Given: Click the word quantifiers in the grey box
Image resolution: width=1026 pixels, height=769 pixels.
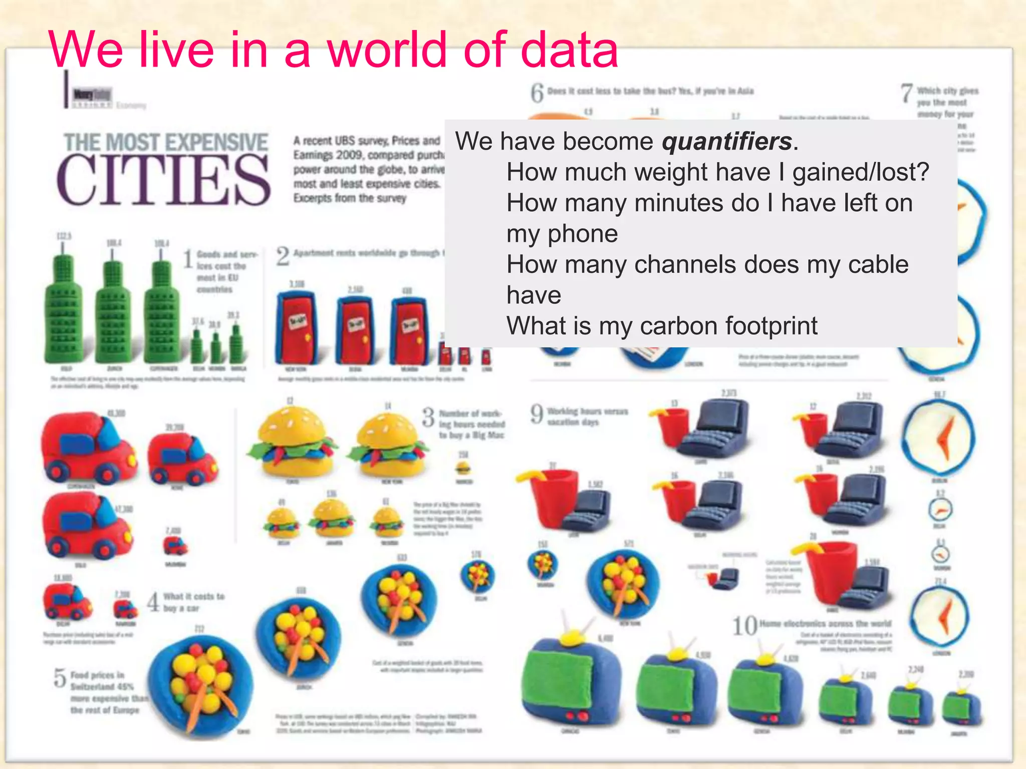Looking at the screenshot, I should [726, 142].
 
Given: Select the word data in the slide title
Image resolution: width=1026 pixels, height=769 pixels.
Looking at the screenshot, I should [569, 50].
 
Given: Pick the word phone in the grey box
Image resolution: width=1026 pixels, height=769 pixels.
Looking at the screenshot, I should [583, 234].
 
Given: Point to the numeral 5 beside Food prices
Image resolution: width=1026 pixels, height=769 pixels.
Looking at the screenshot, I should [60, 678].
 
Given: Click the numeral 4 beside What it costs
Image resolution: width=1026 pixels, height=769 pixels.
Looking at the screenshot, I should [153, 601].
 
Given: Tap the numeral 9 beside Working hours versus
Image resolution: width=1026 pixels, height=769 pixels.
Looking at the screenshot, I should [537, 414].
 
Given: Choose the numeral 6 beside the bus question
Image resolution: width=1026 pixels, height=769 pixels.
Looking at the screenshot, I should [537, 93].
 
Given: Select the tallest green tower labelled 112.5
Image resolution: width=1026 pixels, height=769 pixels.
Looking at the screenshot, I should [63, 310].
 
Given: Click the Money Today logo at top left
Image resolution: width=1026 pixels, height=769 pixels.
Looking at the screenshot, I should [92, 95].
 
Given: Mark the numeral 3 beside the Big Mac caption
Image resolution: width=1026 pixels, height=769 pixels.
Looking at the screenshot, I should [428, 417].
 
